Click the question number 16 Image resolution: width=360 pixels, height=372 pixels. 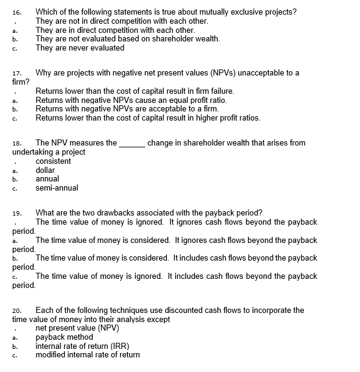(x=16, y=12)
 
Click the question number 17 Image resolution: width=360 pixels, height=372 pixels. (x=16, y=73)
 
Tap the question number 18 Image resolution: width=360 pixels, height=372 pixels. (x=16, y=143)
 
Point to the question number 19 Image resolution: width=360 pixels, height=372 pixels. (x=16, y=213)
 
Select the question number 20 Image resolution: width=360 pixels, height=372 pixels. (x=16, y=311)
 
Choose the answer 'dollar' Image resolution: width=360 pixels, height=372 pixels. (x=46, y=170)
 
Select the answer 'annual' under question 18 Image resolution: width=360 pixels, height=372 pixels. (x=48, y=179)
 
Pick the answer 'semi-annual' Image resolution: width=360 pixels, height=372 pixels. (x=57, y=188)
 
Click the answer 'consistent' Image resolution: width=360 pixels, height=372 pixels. (x=53, y=161)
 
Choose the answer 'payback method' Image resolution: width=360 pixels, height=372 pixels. (x=64, y=337)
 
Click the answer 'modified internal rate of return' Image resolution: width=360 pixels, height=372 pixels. (x=87, y=354)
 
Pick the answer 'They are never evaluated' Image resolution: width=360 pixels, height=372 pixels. (x=80, y=47)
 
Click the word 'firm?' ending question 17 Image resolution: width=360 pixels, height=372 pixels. (x=21, y=82)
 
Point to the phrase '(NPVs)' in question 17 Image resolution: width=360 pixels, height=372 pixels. (x=214, y=73)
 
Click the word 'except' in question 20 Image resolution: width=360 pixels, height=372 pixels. (x=158, y=319)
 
